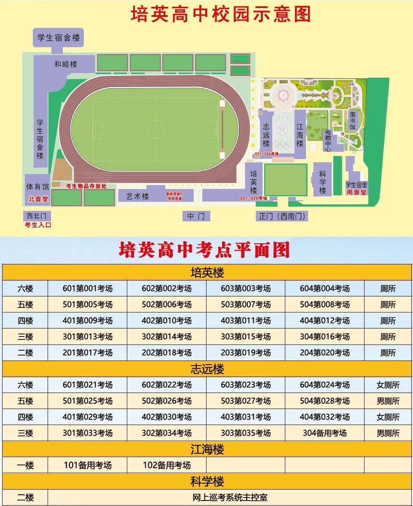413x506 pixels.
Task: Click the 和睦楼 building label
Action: [x=66, y=64]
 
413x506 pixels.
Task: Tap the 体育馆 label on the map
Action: [x=38, y=186]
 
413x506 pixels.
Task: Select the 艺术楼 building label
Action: [x=138, y=196]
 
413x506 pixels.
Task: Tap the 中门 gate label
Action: [x=196, y=216]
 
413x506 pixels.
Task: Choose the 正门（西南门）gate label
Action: [x=282, y=216]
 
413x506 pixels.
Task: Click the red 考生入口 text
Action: [x=38, y=225]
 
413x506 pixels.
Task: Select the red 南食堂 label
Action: [x=357, y=192]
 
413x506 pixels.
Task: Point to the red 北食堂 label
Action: [x=38, y=199]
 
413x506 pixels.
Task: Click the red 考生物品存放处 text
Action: [x=86, y=186]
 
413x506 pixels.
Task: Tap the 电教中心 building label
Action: [x=328, y=140]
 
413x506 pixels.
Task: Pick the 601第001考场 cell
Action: [x=88, y=288]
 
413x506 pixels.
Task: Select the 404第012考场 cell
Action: [x=324, y=320]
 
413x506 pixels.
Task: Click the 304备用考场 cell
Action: [x=324, y=433]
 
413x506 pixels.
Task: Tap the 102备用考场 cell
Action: [x=166, y=465]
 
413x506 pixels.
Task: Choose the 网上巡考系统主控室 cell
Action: [x=229, y=498]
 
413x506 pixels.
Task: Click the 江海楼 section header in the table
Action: [x=207, y=449]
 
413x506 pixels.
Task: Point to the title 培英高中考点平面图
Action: [x=204, y=250]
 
